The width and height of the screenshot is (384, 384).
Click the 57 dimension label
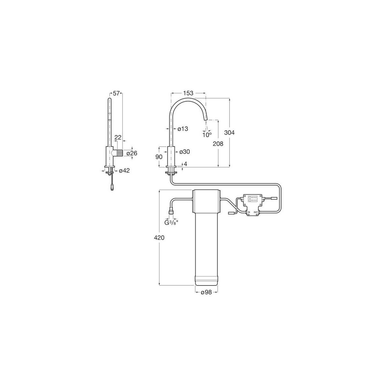(x=116, y=93)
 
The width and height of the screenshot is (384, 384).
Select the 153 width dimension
(x=188, y=93)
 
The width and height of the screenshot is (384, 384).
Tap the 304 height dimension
(x=229, y=132)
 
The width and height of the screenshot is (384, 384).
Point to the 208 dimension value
(x=218, y=143)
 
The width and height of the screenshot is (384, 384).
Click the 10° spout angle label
(x=207, y=135)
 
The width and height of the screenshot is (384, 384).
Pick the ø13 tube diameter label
(x=182, y=129)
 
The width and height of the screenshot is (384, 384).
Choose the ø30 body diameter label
(x=185, y=152)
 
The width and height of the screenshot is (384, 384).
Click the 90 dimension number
(x=159, y=157)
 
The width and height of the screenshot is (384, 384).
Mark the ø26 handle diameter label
(x=132, y=153)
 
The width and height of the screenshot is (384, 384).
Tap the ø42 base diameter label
(x=124, y=171)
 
